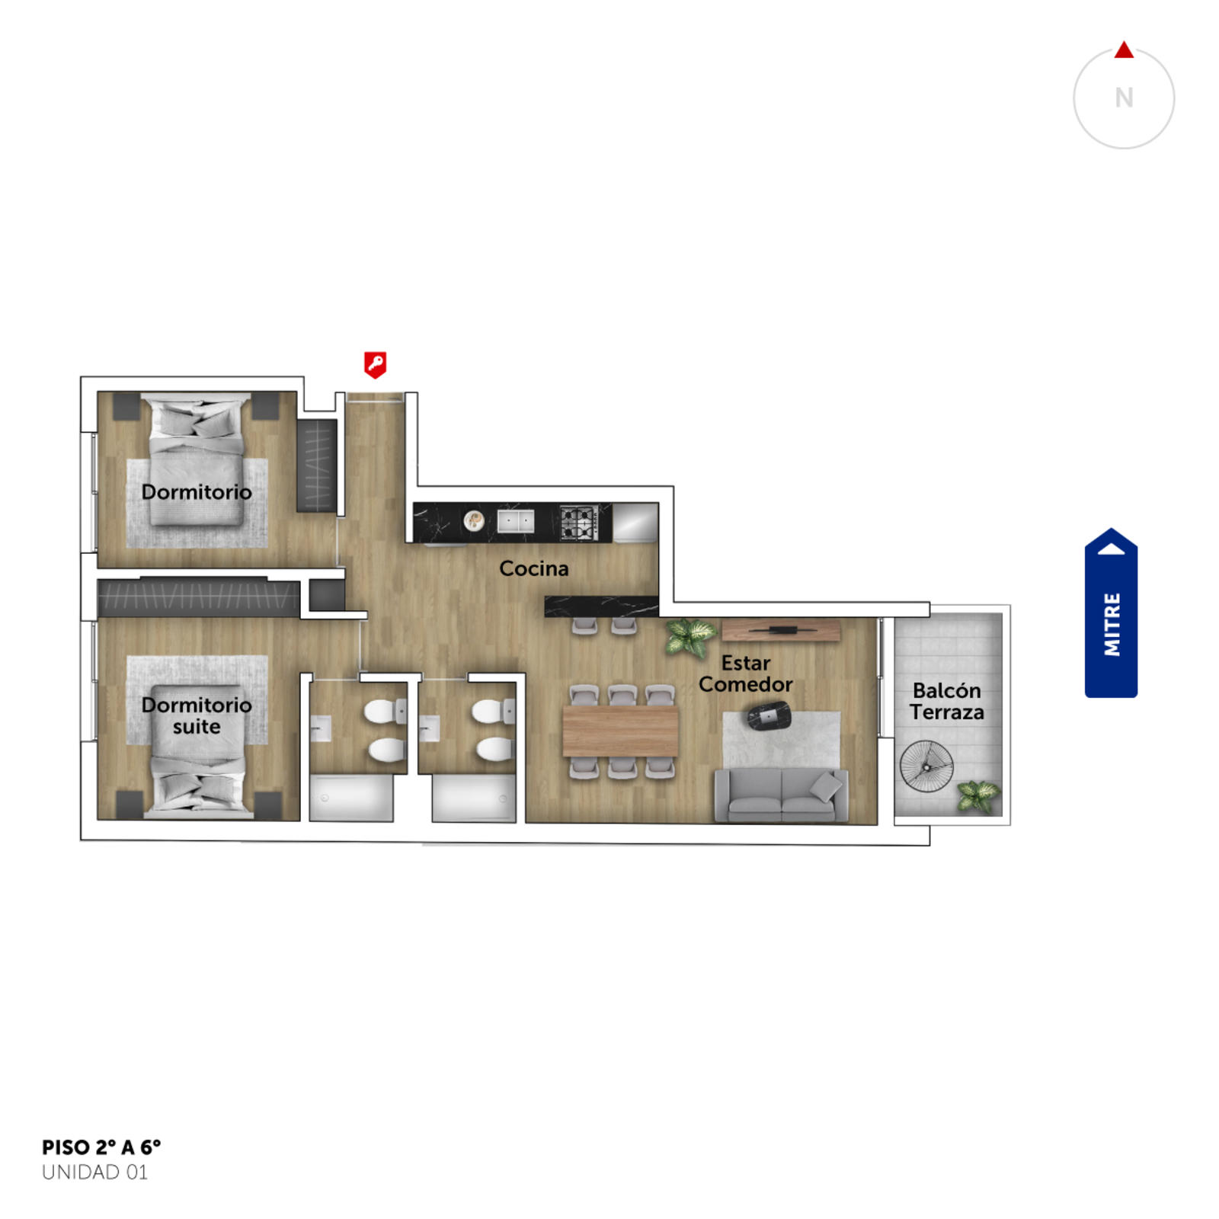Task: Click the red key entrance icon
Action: (x=375, y=364)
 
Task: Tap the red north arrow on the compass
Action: (x=1124, y=50)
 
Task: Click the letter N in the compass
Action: (x=1124, y=98)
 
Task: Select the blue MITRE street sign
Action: (x=1111, y=613)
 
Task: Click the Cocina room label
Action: (x=533, y=568)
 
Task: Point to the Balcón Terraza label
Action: (x=947, y=702)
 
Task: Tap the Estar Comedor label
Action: (x=746, y=673)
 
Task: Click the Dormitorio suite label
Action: (x=197, y=715)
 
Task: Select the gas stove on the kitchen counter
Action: (x=578, y=523)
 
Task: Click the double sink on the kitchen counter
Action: (x=516, y=522)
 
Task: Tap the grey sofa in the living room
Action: (x=781, y=795)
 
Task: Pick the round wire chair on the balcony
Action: (x=926, y=766)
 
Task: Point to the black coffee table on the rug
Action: (x=769, y=717)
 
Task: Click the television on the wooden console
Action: (x=781, y=630)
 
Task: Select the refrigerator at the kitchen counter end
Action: (x=635, y=523)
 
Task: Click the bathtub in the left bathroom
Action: (x=351, y=798)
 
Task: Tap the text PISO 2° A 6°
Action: (x=101, y=1147)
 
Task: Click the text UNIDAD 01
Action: (x=94, y=1173)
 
